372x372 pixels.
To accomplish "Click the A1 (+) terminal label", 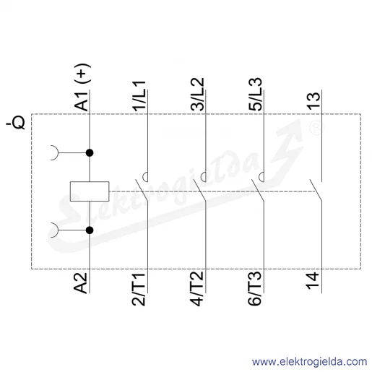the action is click(x=82, y=87).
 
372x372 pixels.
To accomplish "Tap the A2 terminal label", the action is click(x=81, y=283).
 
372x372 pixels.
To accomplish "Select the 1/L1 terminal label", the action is click(x=139, y=96).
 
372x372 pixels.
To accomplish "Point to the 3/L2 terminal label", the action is click(x=197, y=95).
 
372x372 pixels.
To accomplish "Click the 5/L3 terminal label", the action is click(x=256, y=95).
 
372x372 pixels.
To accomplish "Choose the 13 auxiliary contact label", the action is click(x=314, y=101).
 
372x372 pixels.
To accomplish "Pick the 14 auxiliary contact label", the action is click(x=313, y=281).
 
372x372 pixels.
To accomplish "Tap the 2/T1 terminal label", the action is click(x=139, y=289).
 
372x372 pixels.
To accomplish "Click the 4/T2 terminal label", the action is click(x=197, y=289).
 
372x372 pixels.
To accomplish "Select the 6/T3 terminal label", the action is click(x=255, y=288).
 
